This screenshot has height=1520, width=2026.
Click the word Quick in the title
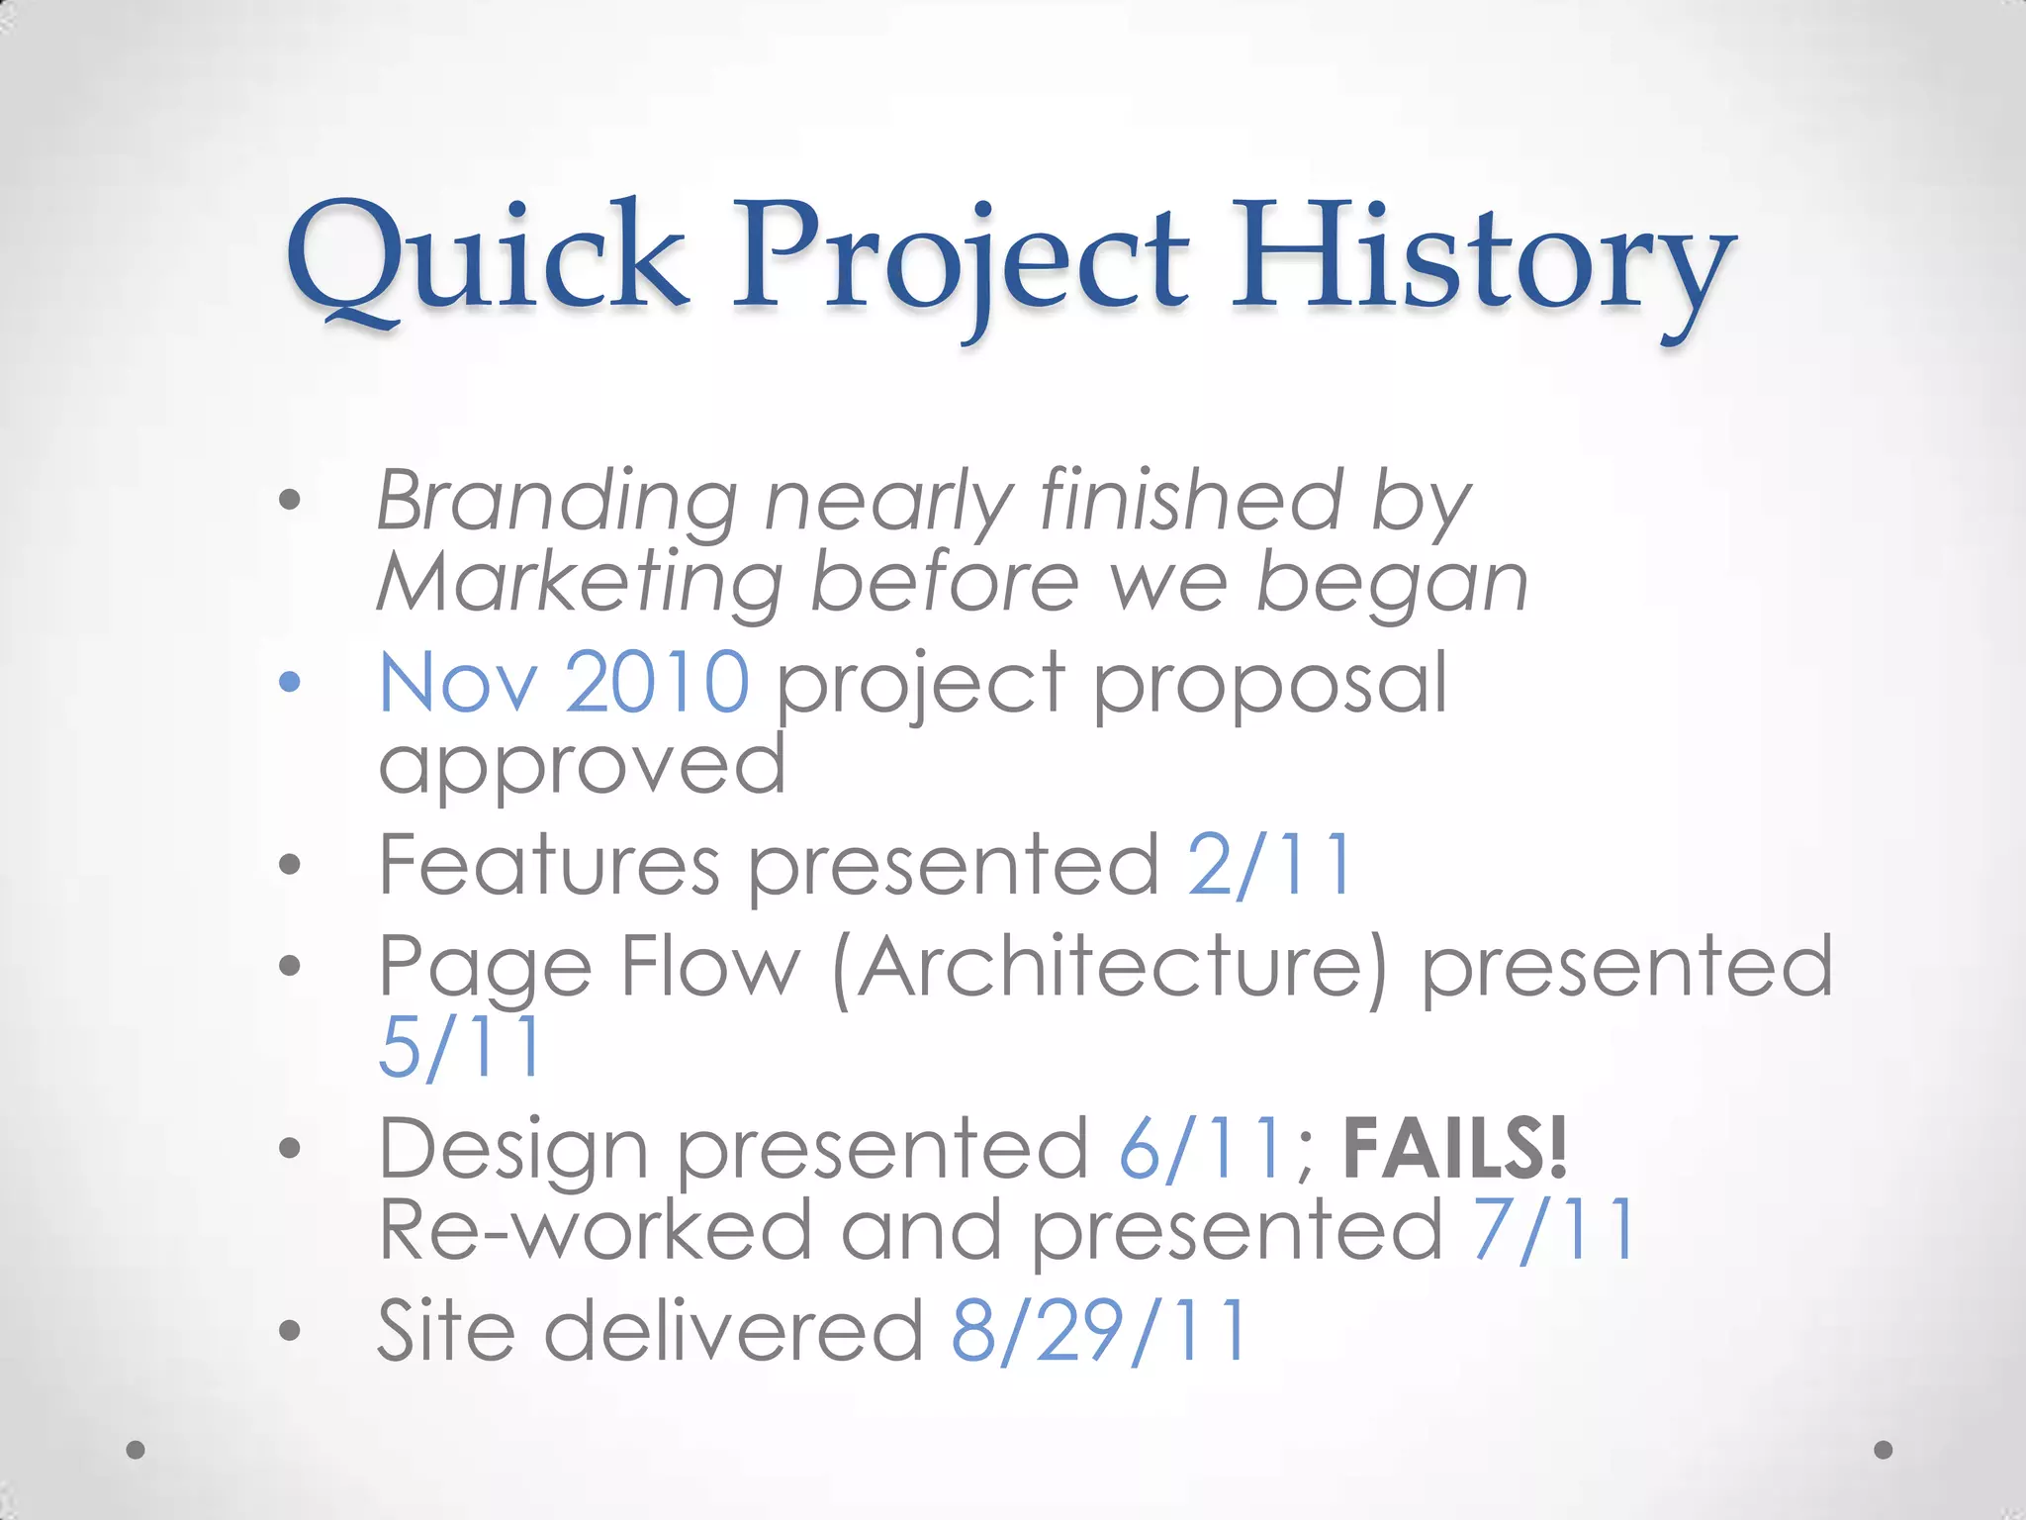(487, 259)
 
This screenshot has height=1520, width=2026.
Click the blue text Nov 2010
(564, 682)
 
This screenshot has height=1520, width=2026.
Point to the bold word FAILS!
(1455, 1148)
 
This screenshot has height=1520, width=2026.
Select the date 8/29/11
(1098, 1331)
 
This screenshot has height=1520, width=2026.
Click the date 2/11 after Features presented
(1269, 865)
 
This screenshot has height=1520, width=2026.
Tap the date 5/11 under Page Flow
(460, 1047)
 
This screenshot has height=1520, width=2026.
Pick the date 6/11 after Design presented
(1201, 1149)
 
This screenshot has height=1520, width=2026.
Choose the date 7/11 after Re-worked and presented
(1553, 1230)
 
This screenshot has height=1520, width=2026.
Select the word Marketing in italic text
(580, 585)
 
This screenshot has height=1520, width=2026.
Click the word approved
(582, 765)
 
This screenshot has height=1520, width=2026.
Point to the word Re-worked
(595, 1230)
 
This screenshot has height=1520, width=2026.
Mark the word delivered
(733, 1331)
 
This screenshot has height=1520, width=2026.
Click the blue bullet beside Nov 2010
(289, 682)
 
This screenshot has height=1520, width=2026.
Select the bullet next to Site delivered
(289, 1331)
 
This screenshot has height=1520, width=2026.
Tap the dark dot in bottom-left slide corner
(137, 1450)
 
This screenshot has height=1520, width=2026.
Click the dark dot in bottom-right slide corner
(1884, 1450)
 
